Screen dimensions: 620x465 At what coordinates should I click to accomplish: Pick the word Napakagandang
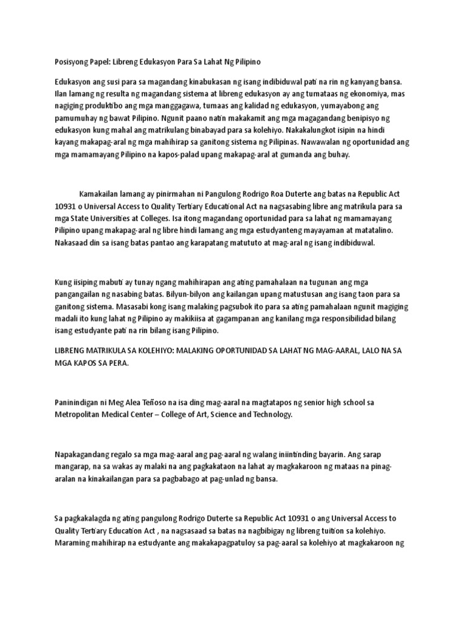tap(83, 453)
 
